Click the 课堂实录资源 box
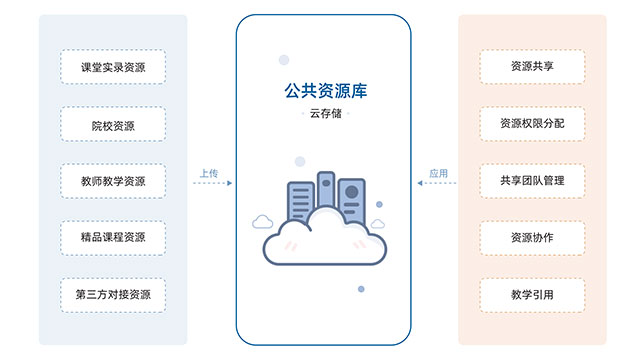click(x=113, y=67)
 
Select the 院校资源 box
click(x=113, y=124)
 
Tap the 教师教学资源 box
click(x=113, y=181)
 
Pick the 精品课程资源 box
click(x=113, y=238)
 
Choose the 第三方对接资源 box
click(x=113, y=296)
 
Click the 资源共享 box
click(x=532, y=67)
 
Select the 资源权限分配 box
click(x=532, y=124)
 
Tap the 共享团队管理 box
click(x=532, y=181)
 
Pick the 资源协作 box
click(x=532, y=238)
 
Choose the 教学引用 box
click(x=532, y=296)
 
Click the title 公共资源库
click(x=325, y=91)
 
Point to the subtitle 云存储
click(x=325, y=113)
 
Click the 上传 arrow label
click(x=209, y=173)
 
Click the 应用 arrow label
click(x=438, y=173)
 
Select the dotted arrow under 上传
click(x=213, y=183)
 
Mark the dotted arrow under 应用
click(x=437, y=183)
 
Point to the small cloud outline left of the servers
click(x=262, y=222)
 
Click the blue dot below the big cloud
click(x=361, y=289)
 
